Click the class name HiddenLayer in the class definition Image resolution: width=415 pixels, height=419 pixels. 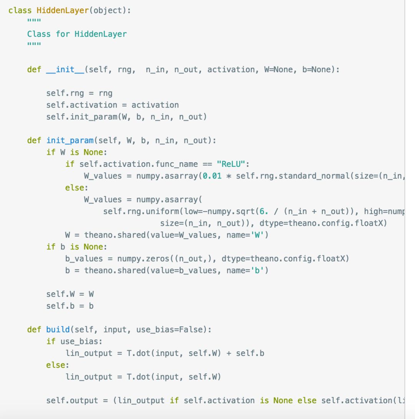coord(63,10)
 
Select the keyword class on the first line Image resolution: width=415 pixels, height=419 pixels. coord(20,10)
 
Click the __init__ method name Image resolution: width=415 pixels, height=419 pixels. coord(65,70)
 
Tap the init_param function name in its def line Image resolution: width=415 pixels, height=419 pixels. coord(70,140)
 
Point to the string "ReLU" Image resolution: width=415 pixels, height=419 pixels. coord(233,164)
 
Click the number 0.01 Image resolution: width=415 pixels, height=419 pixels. coord(212,176)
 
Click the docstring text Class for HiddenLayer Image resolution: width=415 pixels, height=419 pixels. coord(77,34)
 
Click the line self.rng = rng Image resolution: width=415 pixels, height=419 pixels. coord(79,93)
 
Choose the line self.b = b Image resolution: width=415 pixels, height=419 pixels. coord(70,306)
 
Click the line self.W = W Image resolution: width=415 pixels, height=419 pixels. coord(70,294)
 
